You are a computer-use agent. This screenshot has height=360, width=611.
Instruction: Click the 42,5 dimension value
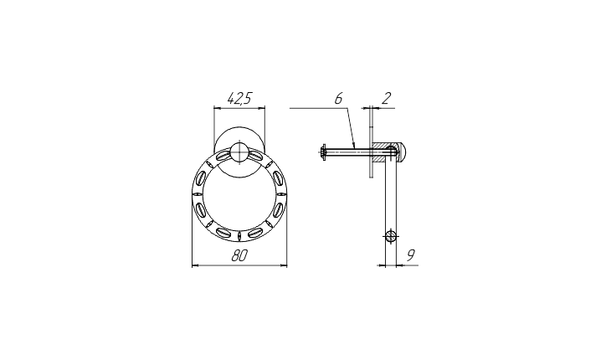[239, 98]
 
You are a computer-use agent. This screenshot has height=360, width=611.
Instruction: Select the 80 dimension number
[239, 256]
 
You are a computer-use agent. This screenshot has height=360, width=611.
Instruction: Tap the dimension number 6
[338, 99]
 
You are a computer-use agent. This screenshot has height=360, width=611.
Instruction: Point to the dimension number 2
[386, 99]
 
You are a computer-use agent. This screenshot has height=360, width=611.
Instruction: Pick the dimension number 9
[410, 255]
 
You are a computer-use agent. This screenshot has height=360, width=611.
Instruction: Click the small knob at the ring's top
[239, 152]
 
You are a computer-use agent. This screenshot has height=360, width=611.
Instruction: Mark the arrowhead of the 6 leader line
[354, 144]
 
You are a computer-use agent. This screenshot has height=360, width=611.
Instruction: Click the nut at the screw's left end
[323, 152]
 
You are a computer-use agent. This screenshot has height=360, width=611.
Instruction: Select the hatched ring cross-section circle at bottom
[391, 236]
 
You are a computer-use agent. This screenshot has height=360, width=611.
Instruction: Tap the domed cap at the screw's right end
[403, 152]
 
